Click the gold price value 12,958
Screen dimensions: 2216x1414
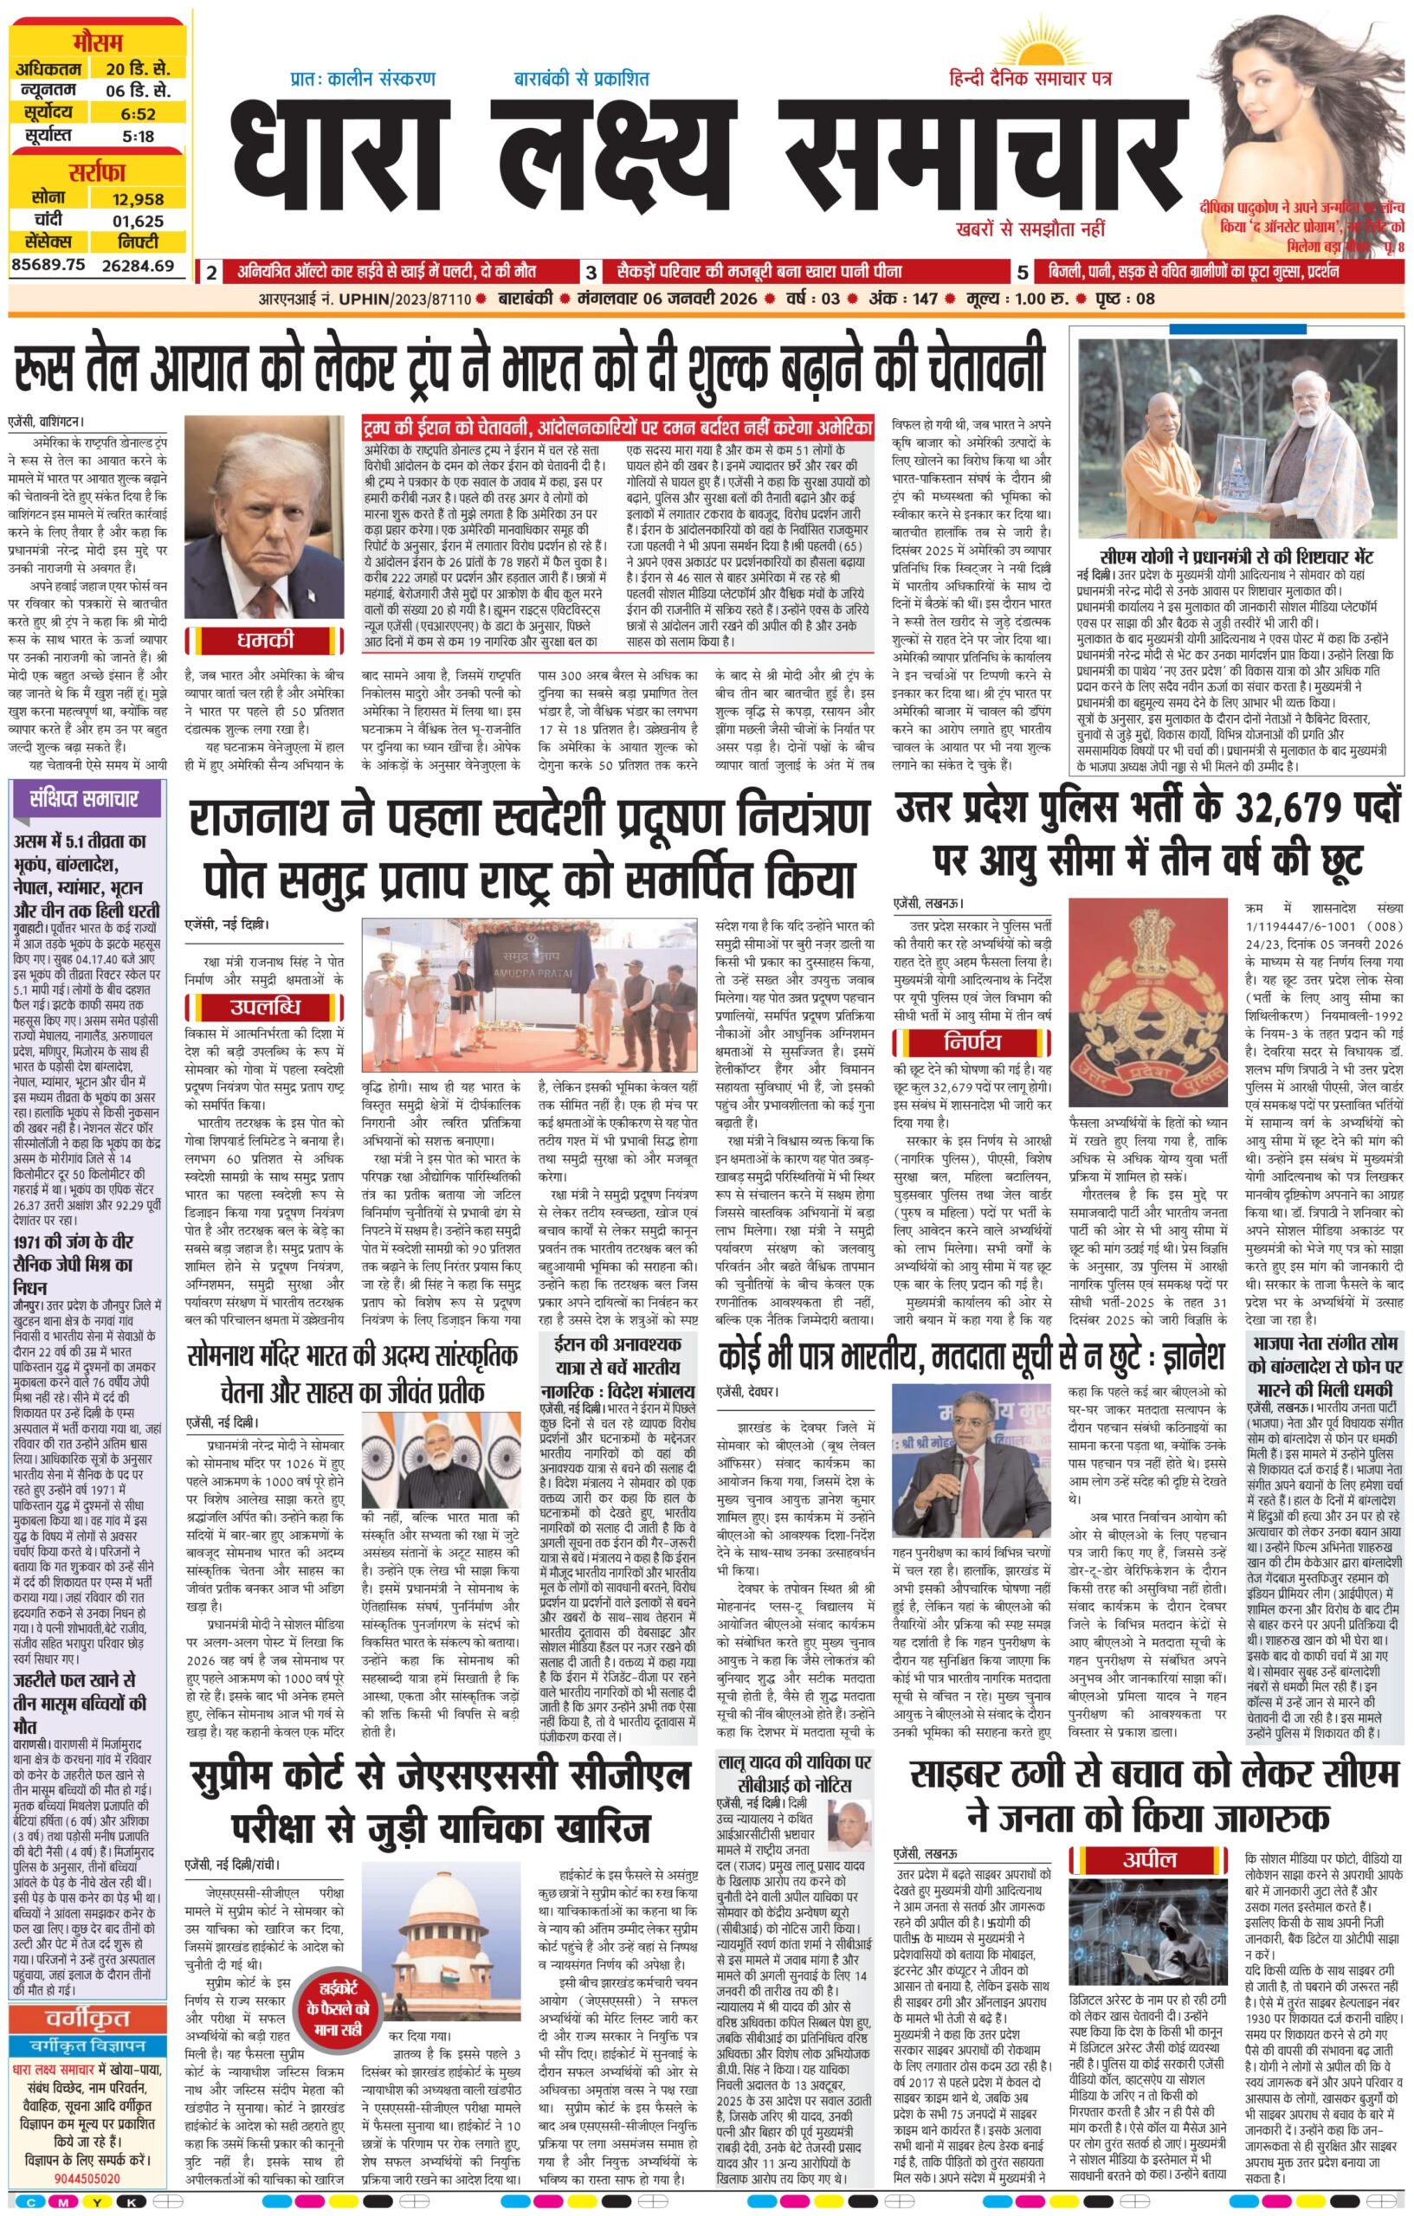pos(138,199)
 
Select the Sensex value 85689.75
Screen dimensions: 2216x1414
pos(48,265)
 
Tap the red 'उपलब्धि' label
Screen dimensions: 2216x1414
pos(265,1005)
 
